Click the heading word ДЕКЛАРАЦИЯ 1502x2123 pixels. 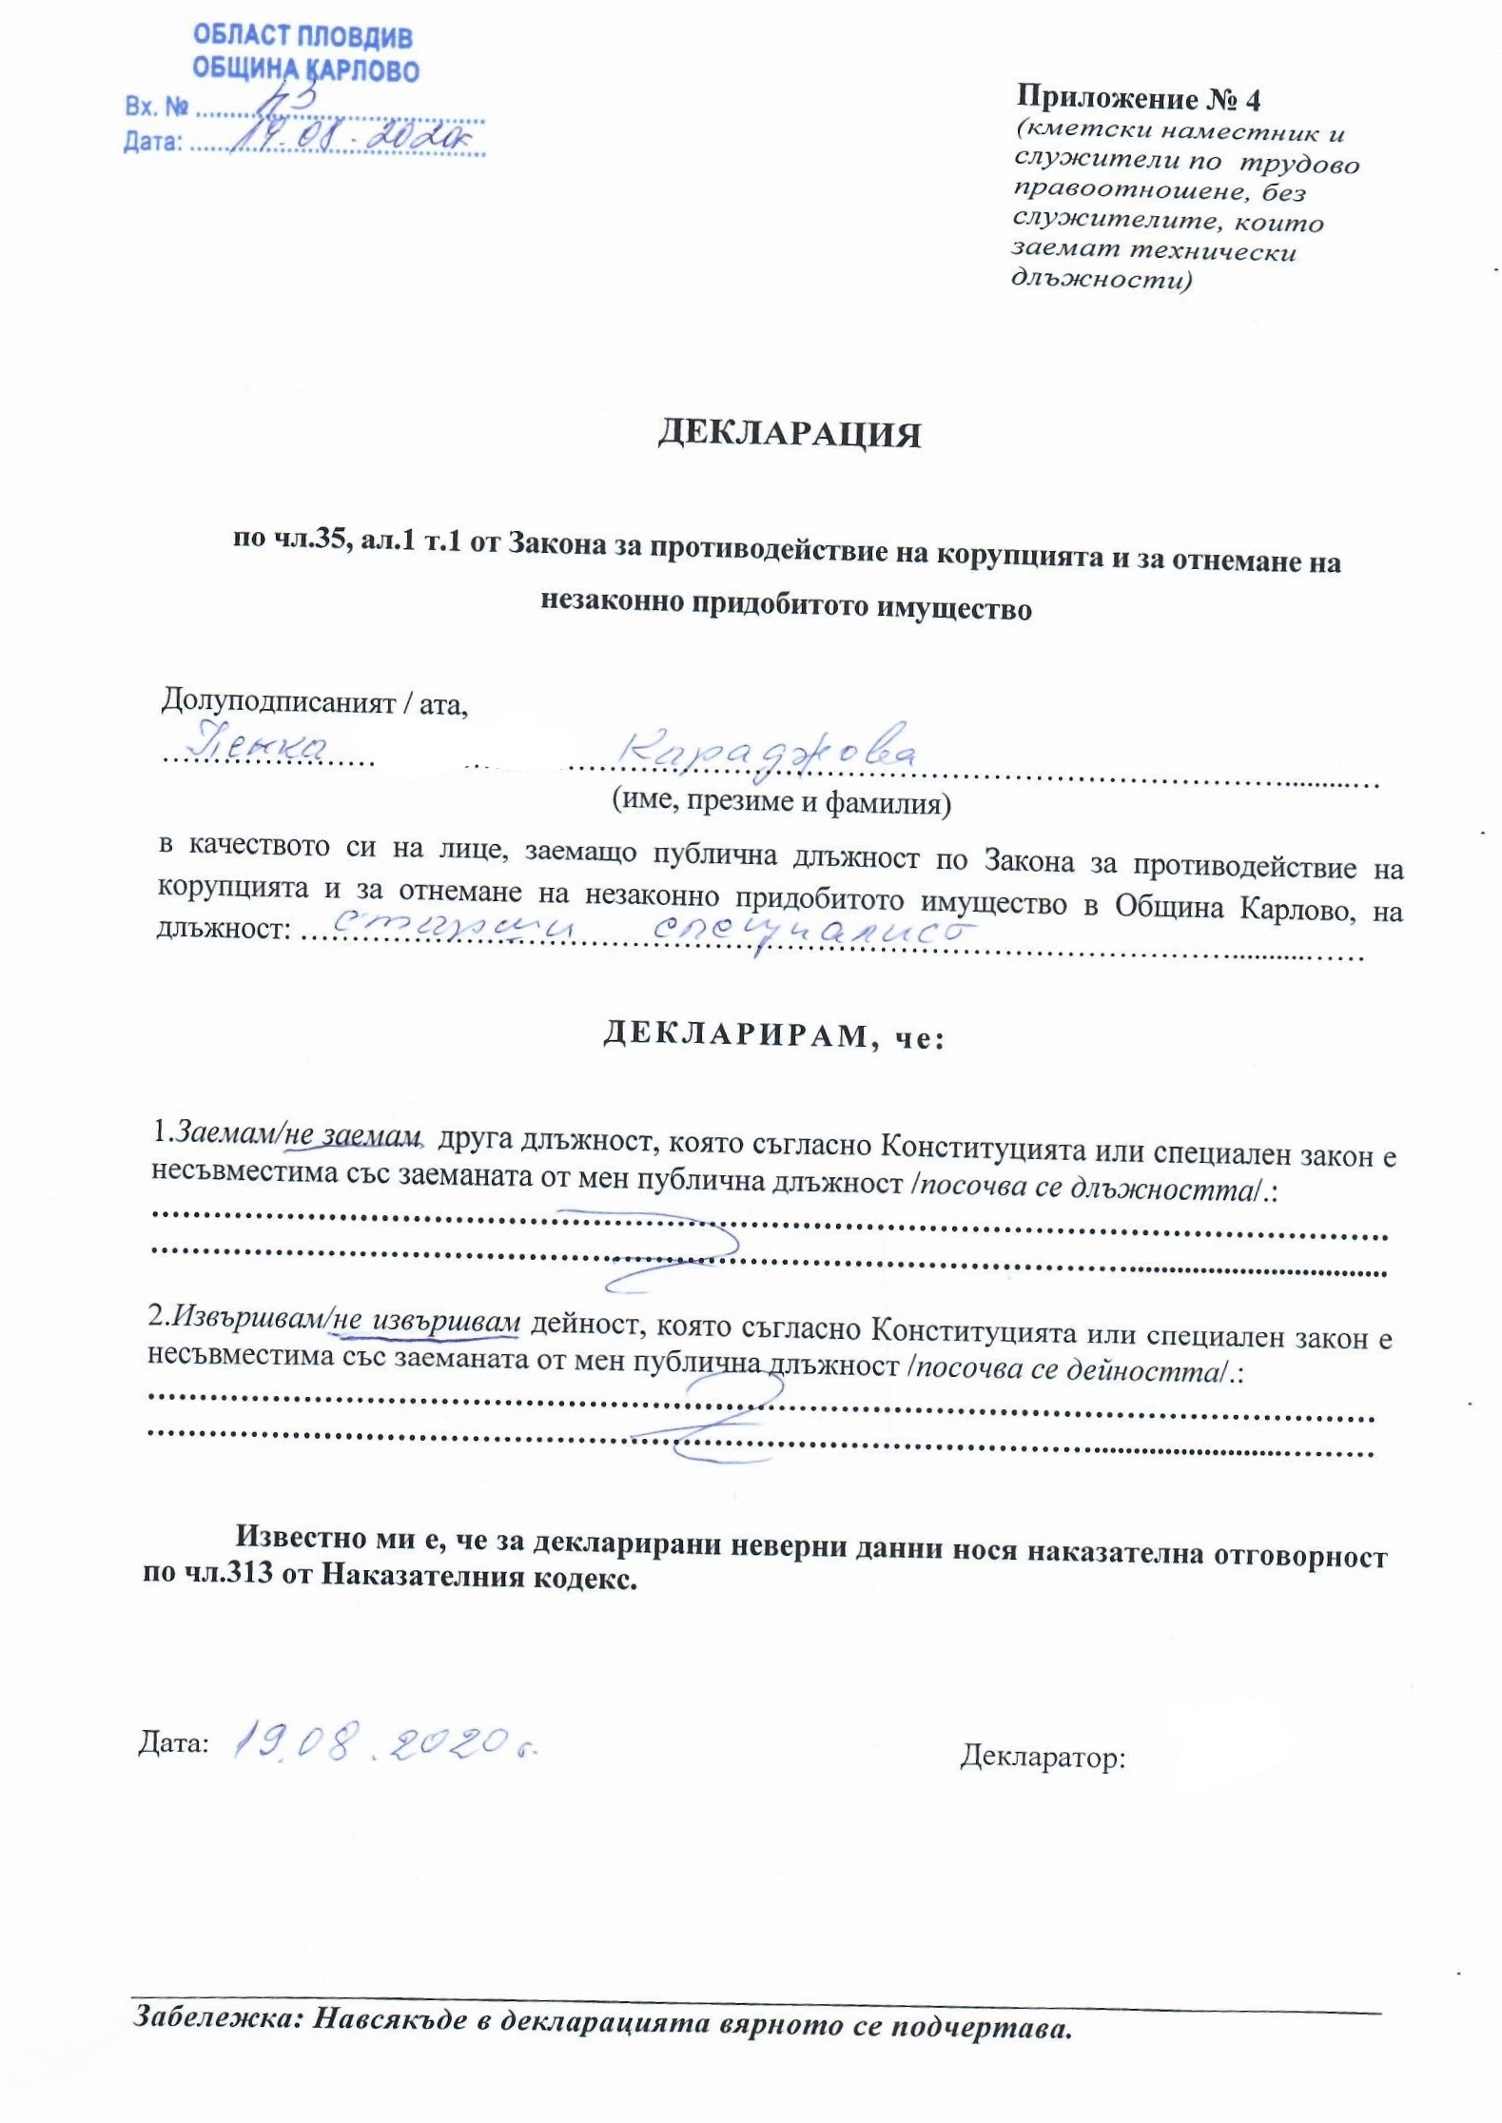click(790, 434)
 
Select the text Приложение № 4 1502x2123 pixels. click(1138, 98)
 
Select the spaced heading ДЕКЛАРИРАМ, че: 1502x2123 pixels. click(773, 1035)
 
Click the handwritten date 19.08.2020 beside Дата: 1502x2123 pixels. click(385, 1740)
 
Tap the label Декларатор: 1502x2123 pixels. click(1043, 1756)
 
